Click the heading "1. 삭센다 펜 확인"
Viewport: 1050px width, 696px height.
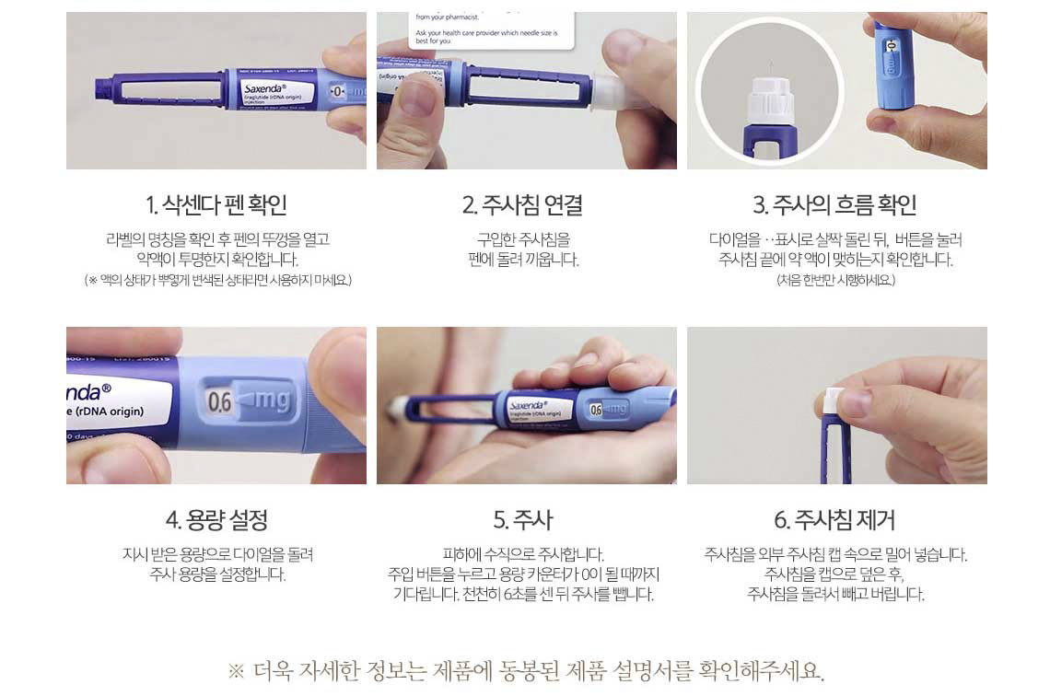tap(216, 204)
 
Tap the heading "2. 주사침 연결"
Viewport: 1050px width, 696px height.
tap(522, 204)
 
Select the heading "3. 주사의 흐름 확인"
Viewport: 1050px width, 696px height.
tap(834, 204)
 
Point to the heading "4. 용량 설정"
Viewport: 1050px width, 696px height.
tap(216, 519)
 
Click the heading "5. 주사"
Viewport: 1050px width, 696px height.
tap(523, 519)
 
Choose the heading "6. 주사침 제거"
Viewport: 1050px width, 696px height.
tap(834, 519)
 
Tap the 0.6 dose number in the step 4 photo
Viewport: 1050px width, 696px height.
tap(219, 401)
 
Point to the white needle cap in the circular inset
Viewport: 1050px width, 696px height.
tap(770, 101)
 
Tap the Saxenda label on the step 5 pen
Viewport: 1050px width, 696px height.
tap(540, 411)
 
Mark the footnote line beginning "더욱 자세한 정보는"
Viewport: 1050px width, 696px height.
tap(526, 670)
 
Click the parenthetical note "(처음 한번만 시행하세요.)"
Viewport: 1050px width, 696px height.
tap(835, 280)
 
